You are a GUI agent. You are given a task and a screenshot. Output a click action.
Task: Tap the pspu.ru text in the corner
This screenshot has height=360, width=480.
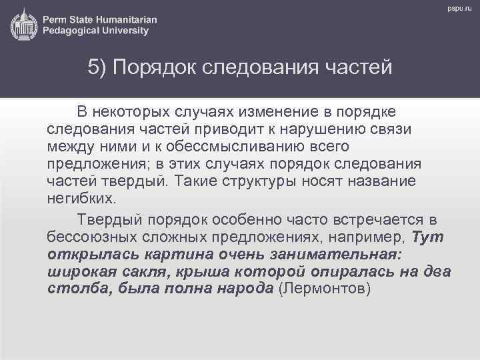pyautogui.click(x=460, y=9)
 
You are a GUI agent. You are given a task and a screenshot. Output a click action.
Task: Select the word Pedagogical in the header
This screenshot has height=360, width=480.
pyautogui.click(x=73, y=31)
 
